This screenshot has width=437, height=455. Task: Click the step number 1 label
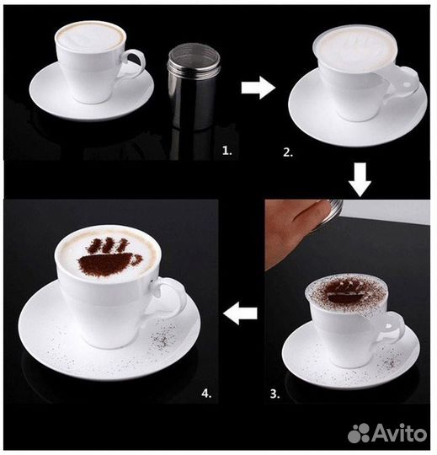(x=227, y=151)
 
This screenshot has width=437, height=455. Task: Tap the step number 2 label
(x=288, y=153)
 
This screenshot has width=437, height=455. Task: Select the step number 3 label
(x=274, y=393)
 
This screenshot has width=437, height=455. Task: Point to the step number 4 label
(x=206, y=393)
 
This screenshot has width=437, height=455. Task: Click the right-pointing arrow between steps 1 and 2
(x=258, y=88)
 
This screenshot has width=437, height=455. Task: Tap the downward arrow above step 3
(x=360, y=179)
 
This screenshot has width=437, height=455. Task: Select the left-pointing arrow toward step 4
(x=241, y=313)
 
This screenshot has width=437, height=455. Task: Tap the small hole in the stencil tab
(x=407, y=85)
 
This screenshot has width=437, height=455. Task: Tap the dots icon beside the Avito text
(x=359, y=433)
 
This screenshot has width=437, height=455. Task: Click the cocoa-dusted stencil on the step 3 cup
(x=346, y=294)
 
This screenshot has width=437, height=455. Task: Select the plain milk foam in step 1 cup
(x=90, y=37)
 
